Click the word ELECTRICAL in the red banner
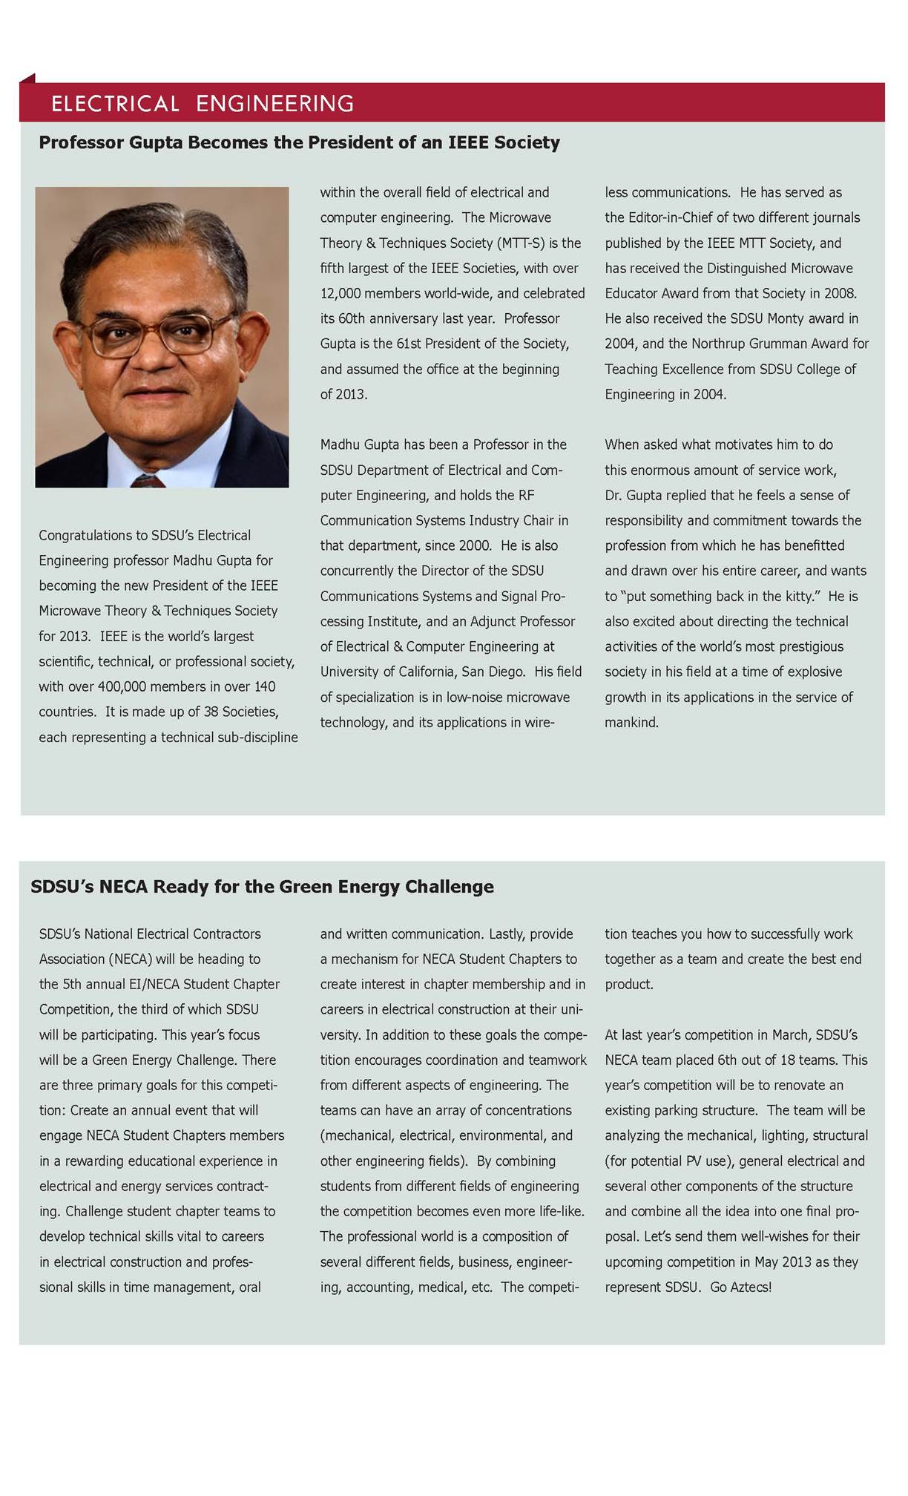tap(115, 103)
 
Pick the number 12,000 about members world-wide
tap(343, 293)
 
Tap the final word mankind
tap(631, 722)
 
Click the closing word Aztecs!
tap(751, 1287)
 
